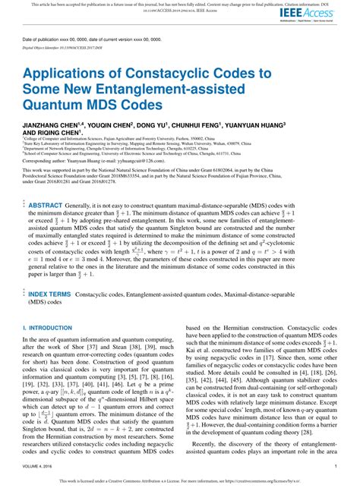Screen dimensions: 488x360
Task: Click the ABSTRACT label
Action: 46,184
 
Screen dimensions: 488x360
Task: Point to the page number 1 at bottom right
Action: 336,467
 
